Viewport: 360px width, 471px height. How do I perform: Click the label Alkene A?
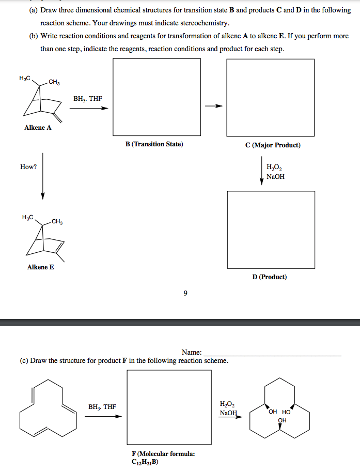38,128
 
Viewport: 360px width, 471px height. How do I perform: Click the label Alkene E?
40,267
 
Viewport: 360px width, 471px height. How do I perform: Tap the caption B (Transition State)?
154,144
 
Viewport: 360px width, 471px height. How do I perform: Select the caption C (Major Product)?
273,145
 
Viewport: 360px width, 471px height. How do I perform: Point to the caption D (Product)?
270,277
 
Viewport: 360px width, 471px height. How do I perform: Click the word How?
28,166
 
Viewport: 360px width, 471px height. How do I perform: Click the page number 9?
185,294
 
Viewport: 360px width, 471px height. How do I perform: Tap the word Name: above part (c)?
191,352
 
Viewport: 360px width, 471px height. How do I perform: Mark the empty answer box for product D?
271,230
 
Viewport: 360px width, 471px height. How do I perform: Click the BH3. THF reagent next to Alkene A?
88,98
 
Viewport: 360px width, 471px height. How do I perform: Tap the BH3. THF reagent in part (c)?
102,407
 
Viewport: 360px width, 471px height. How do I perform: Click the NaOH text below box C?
275,177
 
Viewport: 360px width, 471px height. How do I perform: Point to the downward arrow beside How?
43,176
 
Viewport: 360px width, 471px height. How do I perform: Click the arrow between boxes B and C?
213,107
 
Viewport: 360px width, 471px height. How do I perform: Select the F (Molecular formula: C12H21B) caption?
163,458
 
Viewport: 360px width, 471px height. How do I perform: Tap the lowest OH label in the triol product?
282,420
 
